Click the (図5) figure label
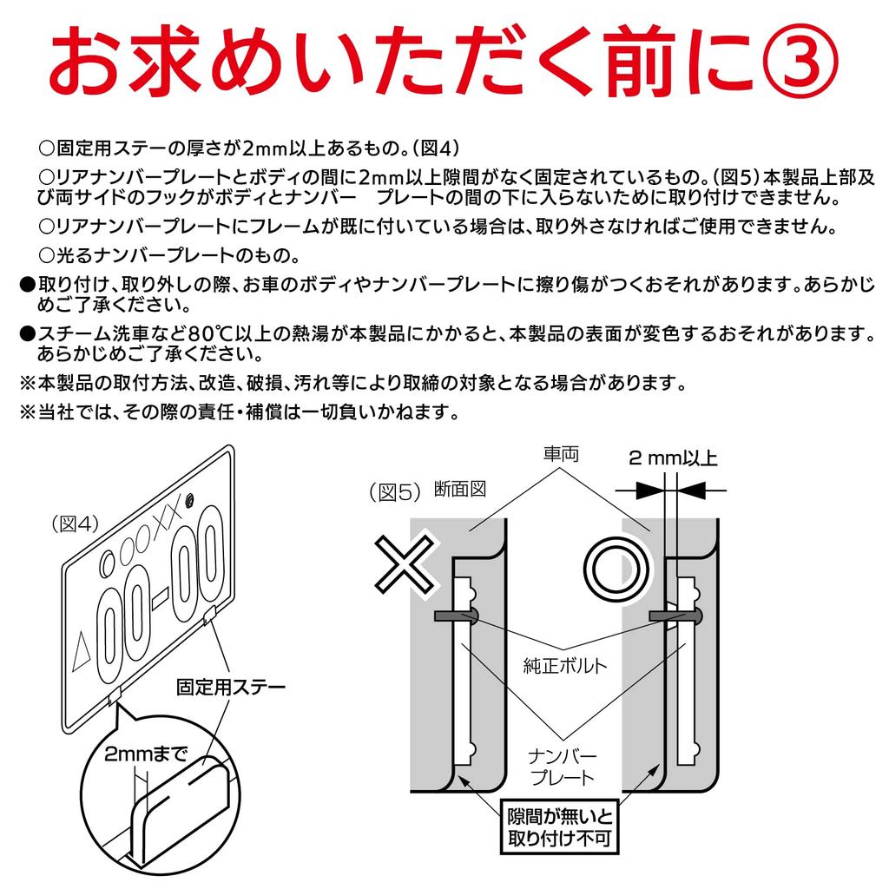[395, 491]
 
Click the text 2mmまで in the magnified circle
[146, 753]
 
